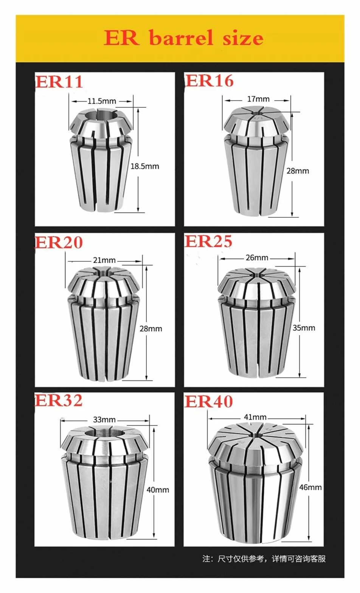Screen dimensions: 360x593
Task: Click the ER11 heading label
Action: click(59, 82)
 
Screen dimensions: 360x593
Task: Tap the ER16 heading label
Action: click(209, 81)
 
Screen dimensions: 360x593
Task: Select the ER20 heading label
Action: click(59, 242)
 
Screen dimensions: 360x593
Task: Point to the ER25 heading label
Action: click(208, 241)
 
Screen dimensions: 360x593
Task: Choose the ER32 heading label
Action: click(59, 400)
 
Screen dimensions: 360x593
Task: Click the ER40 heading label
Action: click(209, 401)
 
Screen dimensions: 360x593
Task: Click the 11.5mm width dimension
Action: click(102, 101)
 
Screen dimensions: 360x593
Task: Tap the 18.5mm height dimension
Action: click(145, 166)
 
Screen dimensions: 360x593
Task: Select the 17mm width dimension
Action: click(258, 99)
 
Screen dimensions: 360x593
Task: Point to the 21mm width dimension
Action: click(104, 260)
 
